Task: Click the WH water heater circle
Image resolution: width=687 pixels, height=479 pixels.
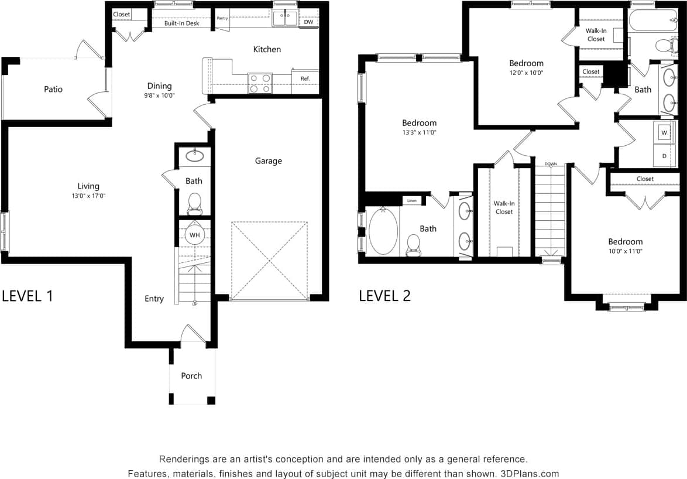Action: [194, 235]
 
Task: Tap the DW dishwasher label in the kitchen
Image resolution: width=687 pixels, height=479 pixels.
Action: [308, 22]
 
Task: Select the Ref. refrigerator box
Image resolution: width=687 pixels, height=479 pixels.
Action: [305, 78]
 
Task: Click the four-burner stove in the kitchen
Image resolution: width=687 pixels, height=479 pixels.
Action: [260, 83]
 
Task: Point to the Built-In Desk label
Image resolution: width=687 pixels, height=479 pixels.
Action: [181, 23]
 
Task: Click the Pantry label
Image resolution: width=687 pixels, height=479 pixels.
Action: [222, 18]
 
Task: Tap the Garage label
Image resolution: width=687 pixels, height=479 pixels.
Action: [268, 160]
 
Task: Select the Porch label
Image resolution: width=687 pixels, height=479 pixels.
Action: [191, 376]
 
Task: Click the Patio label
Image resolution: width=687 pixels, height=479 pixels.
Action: [53, 89]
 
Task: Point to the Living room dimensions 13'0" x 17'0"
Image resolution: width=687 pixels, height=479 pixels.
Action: [88, 196]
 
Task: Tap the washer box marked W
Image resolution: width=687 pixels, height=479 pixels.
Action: [664, 132]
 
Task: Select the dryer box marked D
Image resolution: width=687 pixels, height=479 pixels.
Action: [664, 156]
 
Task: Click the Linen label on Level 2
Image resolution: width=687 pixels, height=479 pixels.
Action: [411, 201]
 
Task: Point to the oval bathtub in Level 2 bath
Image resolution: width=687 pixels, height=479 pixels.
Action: [383, 232]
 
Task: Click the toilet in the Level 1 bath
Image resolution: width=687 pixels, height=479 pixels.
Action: [194, 204]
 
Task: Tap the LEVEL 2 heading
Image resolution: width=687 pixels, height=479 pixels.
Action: [384, 296]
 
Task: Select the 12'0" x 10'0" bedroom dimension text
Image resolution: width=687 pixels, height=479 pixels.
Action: [526, 73]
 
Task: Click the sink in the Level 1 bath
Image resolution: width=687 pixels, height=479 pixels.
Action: [194, 156]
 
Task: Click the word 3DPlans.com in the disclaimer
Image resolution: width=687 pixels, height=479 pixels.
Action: [530, 474]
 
